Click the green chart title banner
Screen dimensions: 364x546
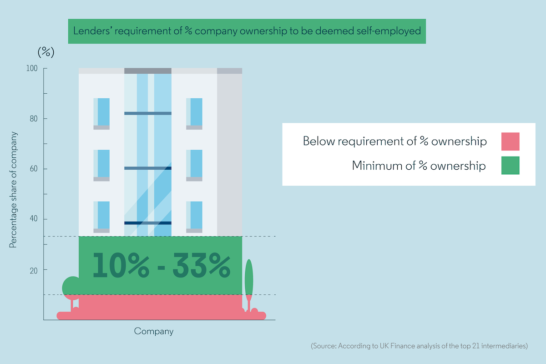coord(247,31)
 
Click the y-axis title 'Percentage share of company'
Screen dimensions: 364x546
coord(13,190)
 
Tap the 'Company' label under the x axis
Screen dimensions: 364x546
coord(154,331)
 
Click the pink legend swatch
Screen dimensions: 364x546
coord(510,142)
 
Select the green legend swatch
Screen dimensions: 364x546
coord(510,166)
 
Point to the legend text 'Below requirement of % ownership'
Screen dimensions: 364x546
coord(394,142)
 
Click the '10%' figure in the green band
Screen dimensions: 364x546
coord(121,266)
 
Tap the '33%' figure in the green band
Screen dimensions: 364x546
coord(201,266)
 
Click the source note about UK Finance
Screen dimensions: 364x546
coord(419,346)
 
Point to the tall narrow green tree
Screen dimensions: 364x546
coord(248,278)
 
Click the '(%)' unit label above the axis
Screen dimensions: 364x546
coord(45,52)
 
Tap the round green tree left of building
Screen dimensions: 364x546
coord(70,288)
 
